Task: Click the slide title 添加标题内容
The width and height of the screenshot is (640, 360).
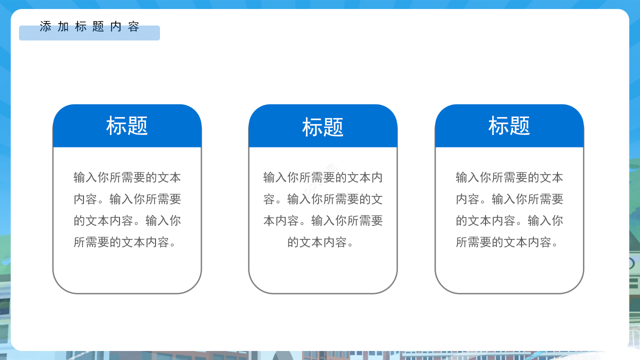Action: click(x=89, y=26)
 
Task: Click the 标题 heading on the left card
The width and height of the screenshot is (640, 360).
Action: click(x=127, y=126)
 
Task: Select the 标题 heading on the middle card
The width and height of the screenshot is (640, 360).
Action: click(x=323, y=127)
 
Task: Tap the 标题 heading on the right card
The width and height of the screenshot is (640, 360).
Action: click(x=509, y=126)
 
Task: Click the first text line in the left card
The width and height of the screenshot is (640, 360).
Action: click(x=127, y=177)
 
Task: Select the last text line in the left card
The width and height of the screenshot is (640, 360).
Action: click(x=127, y=242)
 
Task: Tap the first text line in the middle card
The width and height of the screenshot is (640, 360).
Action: click(x=323, y=177)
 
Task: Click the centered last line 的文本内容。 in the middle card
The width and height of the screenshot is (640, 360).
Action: click(x=323, y=242)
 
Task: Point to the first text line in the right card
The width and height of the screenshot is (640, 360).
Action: click(x=509, y=177)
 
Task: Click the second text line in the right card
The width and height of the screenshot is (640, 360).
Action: click(x=509, y=199)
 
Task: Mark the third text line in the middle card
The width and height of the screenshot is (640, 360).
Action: click(x=323, y=220)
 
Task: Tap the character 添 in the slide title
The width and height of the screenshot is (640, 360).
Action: click(x=45, y=26)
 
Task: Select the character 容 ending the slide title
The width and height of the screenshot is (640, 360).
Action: click(x=133, y=26)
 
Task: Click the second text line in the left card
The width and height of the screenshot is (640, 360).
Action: click(x=127, y=199)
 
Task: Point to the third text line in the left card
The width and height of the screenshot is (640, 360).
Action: click(x=127, y=220)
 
